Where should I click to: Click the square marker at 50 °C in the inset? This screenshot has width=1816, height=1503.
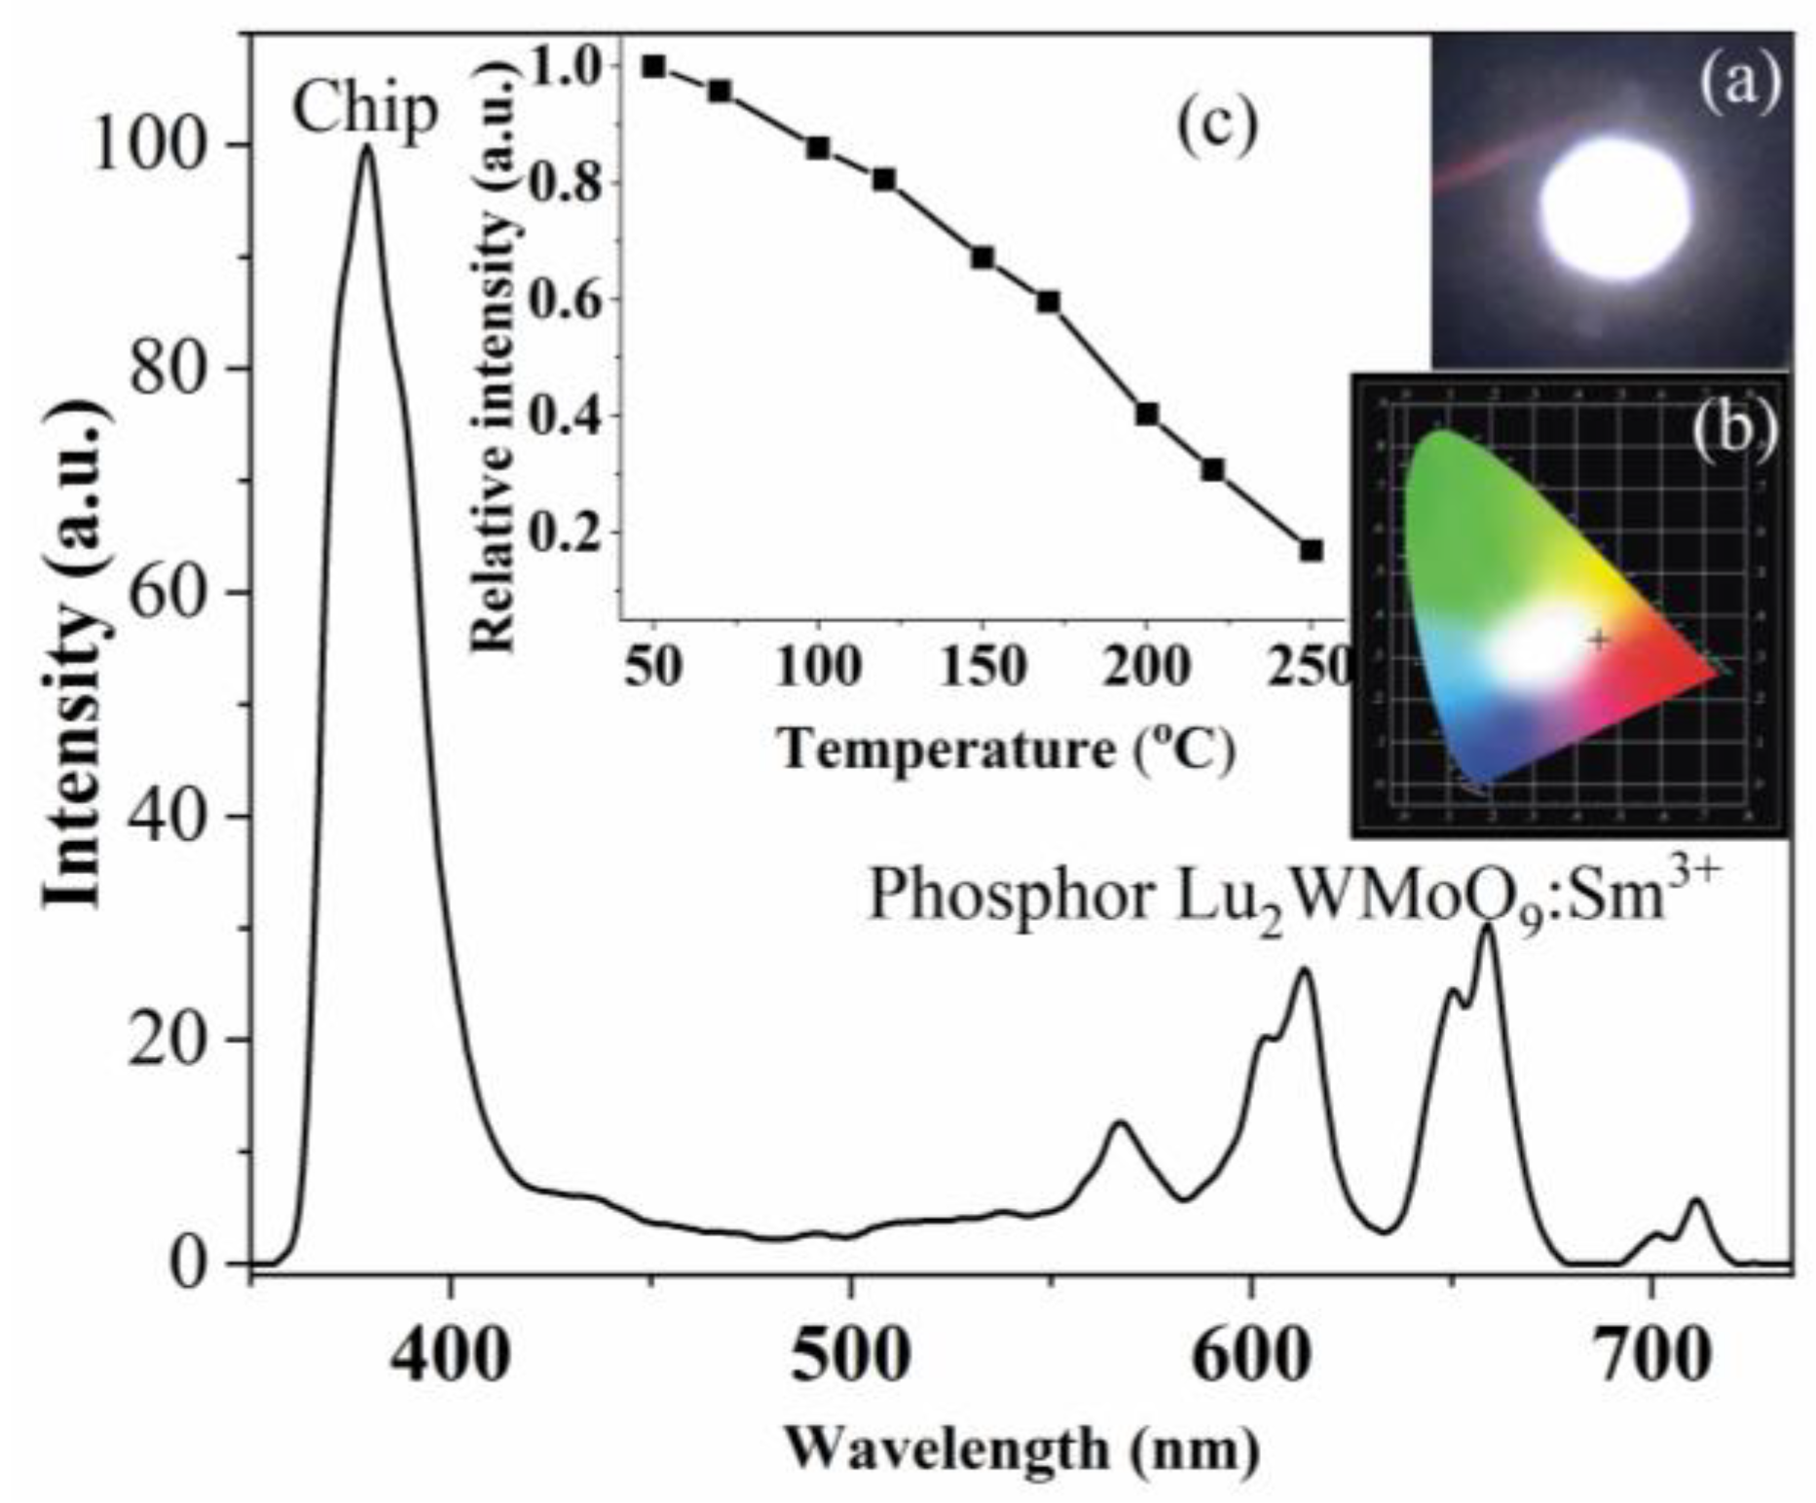click(653, 66)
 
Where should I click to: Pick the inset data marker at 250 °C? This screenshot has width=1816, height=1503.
click(1312, 550)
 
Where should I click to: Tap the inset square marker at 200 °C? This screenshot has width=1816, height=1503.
click(1147, 414)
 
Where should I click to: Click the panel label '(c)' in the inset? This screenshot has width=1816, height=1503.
click(1217, 127)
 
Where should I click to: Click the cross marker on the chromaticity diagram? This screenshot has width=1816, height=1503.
click(1598, 640)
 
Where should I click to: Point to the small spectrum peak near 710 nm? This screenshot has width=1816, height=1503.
click(1696, 1202)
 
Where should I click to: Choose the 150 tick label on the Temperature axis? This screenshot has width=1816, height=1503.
click(983, 669)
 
